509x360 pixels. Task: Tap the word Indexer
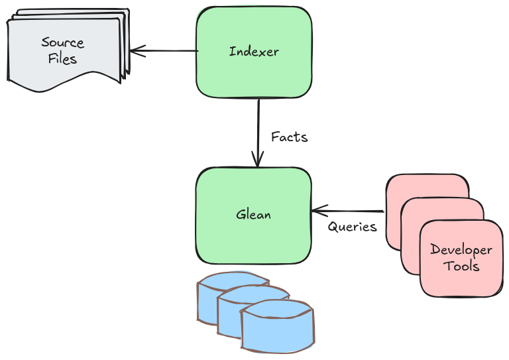point(254,51)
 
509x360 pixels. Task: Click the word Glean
point(253,215)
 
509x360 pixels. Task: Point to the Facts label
point(290,137)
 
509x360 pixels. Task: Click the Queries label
point(352,227)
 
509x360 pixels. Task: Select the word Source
point(63,42)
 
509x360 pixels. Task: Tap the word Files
point(63,58)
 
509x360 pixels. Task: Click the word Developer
point(461,250)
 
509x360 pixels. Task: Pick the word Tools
point(461,266)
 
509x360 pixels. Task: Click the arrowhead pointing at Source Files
point(135,50)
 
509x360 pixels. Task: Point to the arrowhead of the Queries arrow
point(317,211)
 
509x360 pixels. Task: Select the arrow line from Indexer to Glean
point(258,126)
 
